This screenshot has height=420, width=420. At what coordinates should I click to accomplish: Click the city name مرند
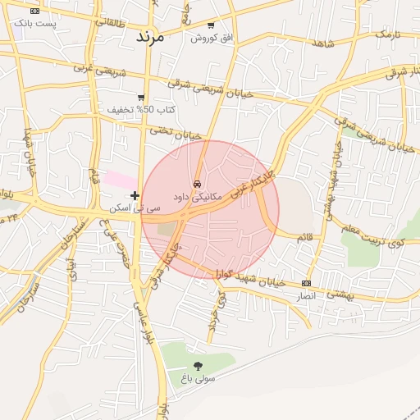[149, 37]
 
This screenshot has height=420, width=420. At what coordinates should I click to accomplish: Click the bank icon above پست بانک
[34, 11]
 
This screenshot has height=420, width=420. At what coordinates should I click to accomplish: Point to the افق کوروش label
[212, 38]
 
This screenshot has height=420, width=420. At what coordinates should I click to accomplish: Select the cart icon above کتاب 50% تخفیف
[141, 98]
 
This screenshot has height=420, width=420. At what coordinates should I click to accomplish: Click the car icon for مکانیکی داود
[198, 185]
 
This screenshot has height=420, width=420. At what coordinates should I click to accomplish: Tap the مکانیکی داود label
[198, 197]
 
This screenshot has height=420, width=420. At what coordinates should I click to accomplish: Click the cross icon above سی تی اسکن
[135, 195]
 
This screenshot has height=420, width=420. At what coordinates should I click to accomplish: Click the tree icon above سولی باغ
[198, 366]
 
